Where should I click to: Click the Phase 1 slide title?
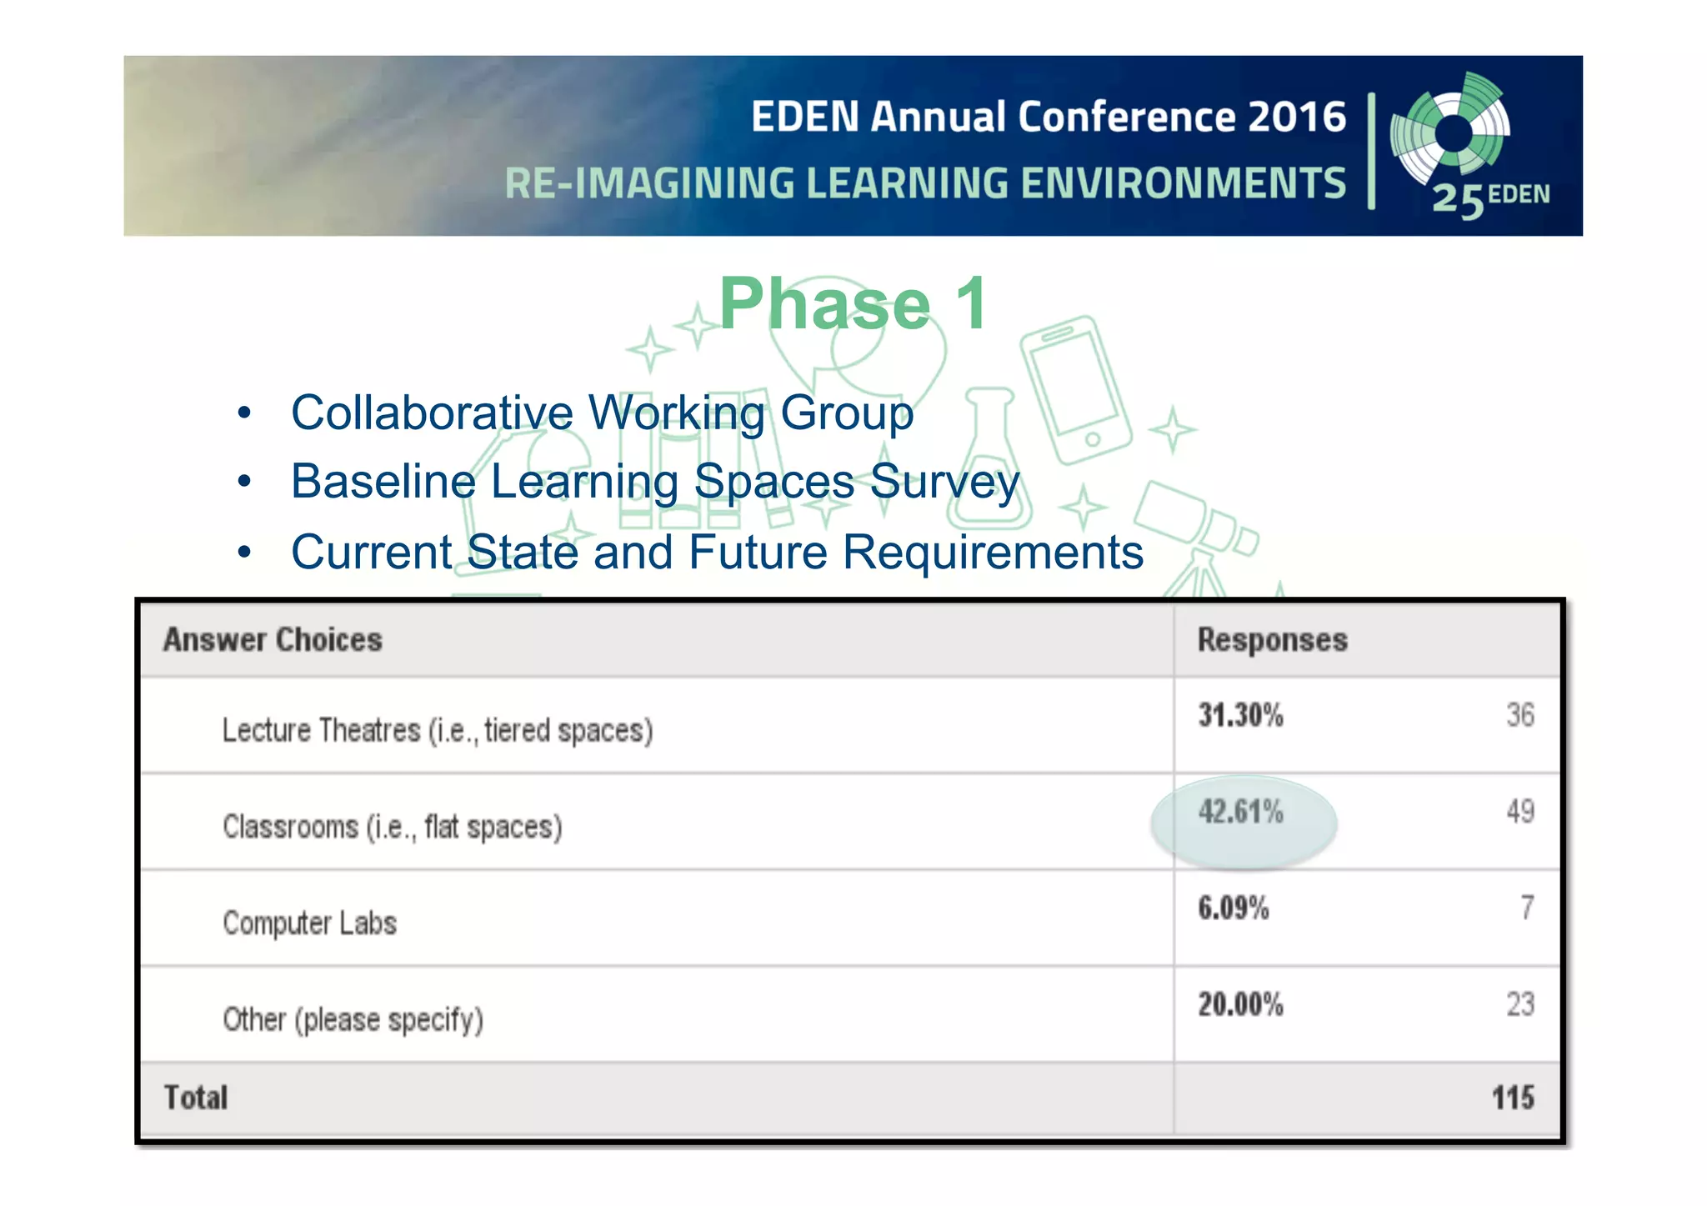(x=853, y=305)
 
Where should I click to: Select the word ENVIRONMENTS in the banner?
(x=1183, y=183)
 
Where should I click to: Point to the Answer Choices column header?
(x=273, y=640)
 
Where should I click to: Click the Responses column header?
(x=1272, y=640)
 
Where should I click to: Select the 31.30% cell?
(x=1240, y=715)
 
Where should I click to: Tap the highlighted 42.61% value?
(x=1240, y=812)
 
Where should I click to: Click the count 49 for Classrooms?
(x=1520, y=812)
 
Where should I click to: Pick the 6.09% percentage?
(x=1233, y=908)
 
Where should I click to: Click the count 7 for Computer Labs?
(x=1526, y=908)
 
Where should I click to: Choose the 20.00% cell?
(x=1240, y=1005)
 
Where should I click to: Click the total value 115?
(x=1512, y=1098)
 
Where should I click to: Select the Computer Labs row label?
(x=309, y=923)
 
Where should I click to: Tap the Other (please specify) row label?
(x=353, y=1020)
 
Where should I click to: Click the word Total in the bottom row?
(x=196, y=1098)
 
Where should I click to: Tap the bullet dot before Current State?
(x=243, y=552)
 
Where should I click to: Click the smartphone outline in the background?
(x=1075, y=390)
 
